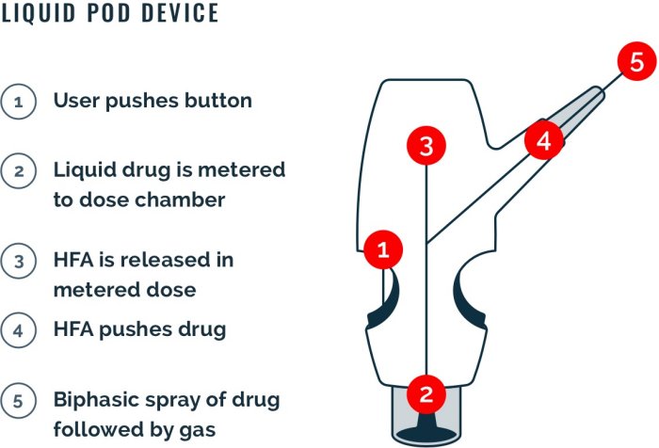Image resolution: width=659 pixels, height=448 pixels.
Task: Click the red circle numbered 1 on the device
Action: [383, 249]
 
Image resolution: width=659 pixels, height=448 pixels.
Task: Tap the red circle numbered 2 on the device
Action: [426, 394]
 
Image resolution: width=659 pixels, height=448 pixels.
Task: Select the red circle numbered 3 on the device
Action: [426, 146]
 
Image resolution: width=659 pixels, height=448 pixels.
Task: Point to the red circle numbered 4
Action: [544, 140]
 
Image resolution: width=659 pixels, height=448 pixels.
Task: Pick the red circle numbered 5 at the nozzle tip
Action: [637, 61]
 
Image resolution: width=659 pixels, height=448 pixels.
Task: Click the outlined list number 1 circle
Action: [19, 102]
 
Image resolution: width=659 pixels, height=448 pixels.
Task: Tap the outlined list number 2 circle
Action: [19, 171]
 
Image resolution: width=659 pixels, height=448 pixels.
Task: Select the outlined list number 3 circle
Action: [19, 261]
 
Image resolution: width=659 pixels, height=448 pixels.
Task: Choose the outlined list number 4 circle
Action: [19, 330]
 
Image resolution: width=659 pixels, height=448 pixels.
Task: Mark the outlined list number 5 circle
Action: [19, 401]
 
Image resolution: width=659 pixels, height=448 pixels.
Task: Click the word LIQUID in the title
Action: [39, 13]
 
